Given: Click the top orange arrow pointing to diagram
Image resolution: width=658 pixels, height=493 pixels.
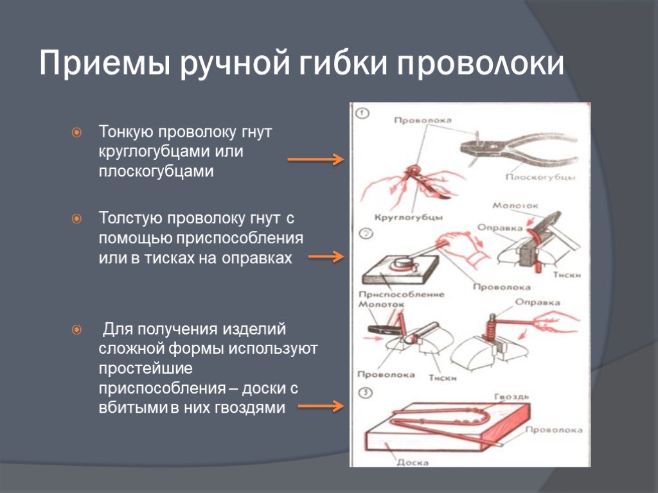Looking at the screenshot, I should point(315,159).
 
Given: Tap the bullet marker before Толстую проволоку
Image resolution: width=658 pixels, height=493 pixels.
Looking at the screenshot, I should point(76,219).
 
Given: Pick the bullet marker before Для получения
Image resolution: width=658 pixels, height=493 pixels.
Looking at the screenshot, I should point(76,330).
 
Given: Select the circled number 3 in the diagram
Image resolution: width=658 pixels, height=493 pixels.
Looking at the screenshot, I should point(364,393).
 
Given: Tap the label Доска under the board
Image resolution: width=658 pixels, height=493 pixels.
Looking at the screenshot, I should point(411,461).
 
